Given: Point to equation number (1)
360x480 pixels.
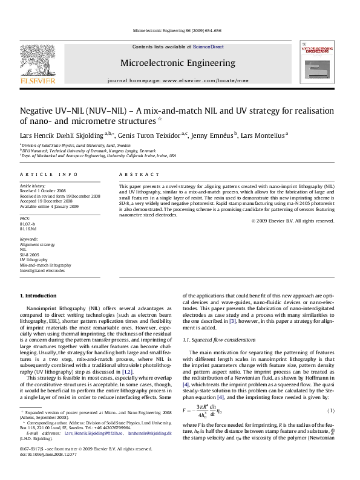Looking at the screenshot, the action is [x=332, y=410].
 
